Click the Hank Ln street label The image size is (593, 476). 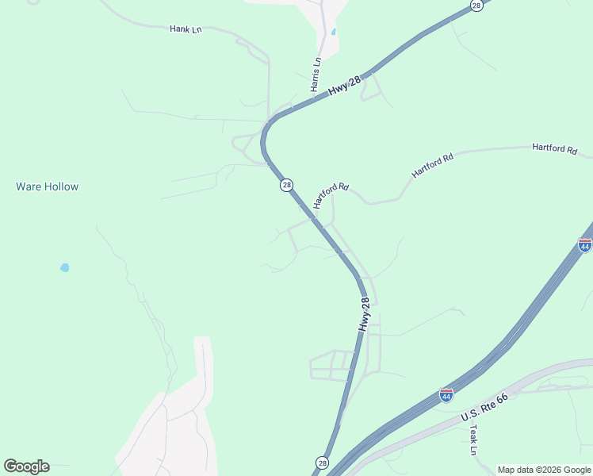(186, 29)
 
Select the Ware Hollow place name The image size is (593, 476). (48, 187)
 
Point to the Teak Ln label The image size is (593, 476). (473, 439)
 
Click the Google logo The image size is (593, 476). (26, 466)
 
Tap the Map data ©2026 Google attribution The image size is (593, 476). (544, 470)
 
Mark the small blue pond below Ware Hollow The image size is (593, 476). (64, 267)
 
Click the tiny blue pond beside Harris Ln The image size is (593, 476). (334, 32)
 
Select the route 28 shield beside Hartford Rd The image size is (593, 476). (286, 185)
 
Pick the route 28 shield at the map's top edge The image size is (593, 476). (476, 5)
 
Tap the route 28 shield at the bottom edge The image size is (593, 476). (322, 463)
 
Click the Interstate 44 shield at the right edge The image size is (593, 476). (585, 244)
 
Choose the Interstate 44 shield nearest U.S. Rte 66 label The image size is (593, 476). (446, 394)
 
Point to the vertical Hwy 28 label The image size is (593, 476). (364, 315)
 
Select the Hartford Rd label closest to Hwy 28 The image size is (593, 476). (331, 195)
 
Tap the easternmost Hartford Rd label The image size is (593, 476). (554, 148)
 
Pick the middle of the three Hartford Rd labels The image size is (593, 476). (432, 165)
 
